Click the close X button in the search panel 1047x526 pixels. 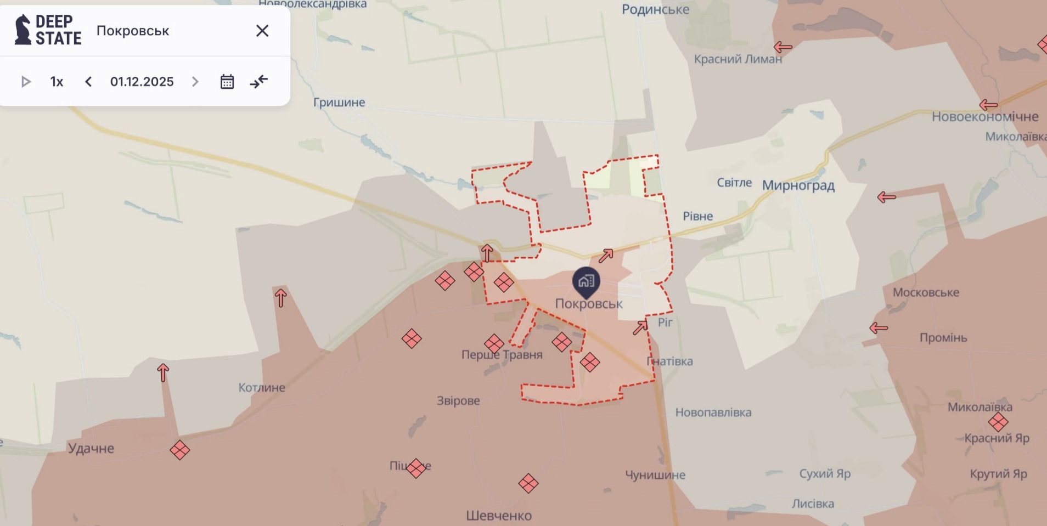(262, 31)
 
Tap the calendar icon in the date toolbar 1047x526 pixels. (227, 82)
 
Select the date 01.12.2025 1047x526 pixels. (142, 82)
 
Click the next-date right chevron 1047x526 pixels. (195, 82)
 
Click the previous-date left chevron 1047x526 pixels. (88, 82)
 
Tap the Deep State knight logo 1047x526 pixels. (22, 30)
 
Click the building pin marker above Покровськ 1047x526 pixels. (586, 282)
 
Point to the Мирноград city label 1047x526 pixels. (798, 185)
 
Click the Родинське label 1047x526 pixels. (655, 9)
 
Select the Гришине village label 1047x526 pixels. (339, 102)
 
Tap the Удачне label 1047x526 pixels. (91, 448)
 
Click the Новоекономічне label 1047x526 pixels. (984, 116)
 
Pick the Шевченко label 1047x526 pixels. (499, 516)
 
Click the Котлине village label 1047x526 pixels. (262, 387)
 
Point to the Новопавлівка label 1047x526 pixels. (713, 412)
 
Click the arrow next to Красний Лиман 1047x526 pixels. (783, 47)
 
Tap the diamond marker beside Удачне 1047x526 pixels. (180, 450)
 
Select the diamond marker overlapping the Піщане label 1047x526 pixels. (416, 468)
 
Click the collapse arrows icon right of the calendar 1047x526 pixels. (259, 82)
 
